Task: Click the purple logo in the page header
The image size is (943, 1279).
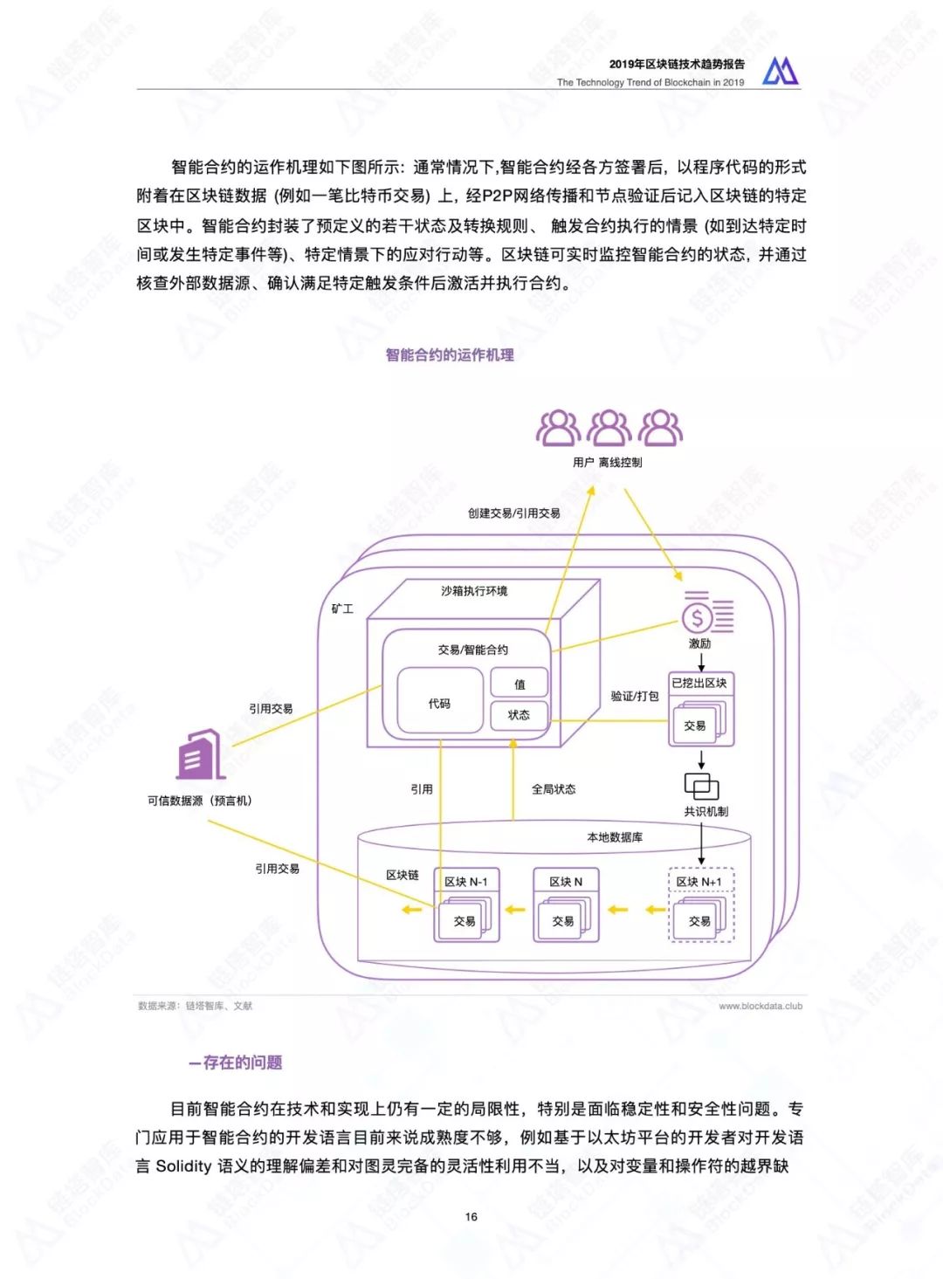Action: pyautogui.click(x=780, y=71)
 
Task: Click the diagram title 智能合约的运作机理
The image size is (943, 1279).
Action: pyautogui.click(x=450, y=354)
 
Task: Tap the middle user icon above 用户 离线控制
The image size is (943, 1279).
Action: pyautogui.click(x=609, y=428)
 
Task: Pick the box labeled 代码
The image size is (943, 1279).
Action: pyautogui.click(x=440, y=703)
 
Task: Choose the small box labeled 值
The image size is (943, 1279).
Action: pyautogui.click(x=520, y=684)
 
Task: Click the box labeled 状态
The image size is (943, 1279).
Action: pyautogui.click(x=520, y=714)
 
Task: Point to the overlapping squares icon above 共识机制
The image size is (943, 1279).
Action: pyautogui.click(x=701, y=786)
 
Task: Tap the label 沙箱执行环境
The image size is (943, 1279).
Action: pyautogui.click(x=474, y=591)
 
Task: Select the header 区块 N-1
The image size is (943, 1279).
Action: pyautogui.click(x=466, y=882)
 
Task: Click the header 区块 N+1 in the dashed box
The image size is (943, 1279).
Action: pyautogui.click(x=699, y=882)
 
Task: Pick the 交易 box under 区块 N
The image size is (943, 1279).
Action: pyautogui.click(x=564, y=921)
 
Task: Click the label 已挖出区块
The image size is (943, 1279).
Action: pyautogui.click(x=699, y=683)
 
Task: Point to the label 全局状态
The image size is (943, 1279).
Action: pyautogui.click(x=554, y=788)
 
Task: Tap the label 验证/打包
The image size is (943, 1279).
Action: pyautogui.click(x=635, y=696)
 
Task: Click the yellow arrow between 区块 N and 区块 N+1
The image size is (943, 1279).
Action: pyautogui.click(x=618, y=910)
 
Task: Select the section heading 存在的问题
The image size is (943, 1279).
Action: pyautogui.click(x=237, y=1062)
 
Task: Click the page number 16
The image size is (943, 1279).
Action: pyautogui.click(x=471, y=1216)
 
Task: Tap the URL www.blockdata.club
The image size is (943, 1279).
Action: pyautogui.click(x=761, y=1006)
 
